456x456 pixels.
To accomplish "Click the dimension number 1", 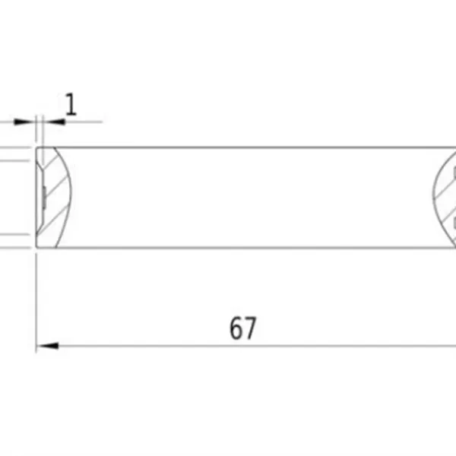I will tap(71, 104).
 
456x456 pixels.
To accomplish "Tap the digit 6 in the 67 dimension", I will tap(236, 328).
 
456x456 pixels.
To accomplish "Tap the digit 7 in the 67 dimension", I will tap(250, 328).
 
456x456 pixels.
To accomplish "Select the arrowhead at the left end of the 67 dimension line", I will tap(47, 346).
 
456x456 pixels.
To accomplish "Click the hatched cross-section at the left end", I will tap(55, 198).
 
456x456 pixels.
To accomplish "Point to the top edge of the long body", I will tap(243, 147).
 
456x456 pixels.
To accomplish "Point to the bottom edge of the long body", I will tap(243, 248).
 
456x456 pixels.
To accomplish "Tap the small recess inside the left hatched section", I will tap(44, 198).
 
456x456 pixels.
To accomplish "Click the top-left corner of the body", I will tap(37, 147).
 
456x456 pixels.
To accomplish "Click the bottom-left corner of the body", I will tap(37, 248).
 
